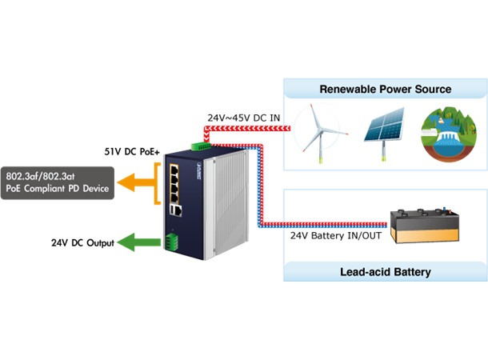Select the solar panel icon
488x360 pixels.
pos(382,128)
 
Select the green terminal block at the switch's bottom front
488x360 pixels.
pos(171,241)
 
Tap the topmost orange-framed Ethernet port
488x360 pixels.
pos(174,169)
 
